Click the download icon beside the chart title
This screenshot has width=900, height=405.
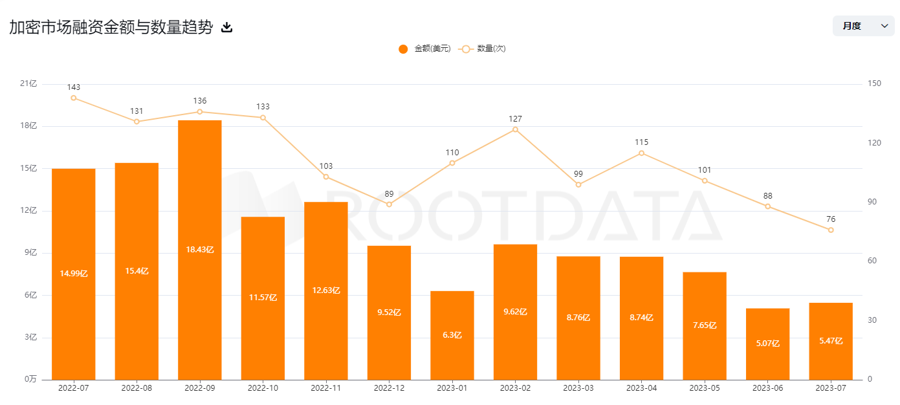coord(226,27)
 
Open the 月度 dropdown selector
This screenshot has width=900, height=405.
coord(863,26)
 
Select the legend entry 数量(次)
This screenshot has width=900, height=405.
coord(483,49)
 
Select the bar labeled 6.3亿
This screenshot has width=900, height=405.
coord(452,335)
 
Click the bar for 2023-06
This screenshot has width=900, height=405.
coord(767,344)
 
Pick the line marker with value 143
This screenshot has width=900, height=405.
coord(74,98)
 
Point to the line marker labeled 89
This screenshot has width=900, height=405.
coord(389,204)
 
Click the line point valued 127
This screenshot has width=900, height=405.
coord(515,129)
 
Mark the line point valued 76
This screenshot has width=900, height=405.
coord(831,230)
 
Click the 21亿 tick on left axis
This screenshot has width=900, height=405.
coord(28,83)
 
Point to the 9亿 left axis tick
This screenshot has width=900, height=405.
coord(30,252)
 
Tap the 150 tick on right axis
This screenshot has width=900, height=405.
coord(875,83)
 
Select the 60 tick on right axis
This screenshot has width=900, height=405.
coord(873,261)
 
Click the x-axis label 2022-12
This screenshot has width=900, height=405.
coord(389,388)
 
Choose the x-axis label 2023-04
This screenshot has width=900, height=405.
coord(641,388)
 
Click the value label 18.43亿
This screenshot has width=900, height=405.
coord(200,250)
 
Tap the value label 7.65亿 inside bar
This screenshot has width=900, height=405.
coord(705,325)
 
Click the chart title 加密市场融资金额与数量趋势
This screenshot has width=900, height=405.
coord(111,27)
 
